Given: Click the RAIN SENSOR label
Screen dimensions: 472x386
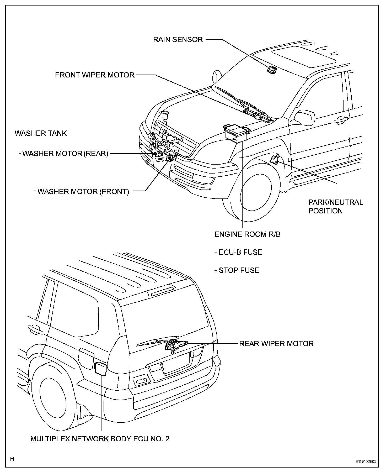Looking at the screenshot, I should coord(178,40).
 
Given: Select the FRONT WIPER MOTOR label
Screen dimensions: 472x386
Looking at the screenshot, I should coord(95,75).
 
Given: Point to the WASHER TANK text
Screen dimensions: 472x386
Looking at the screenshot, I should coord(41,133).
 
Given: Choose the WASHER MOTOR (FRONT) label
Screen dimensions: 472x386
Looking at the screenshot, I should coord(83,191).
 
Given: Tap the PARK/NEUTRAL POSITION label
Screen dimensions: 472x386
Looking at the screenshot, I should coord(335,206).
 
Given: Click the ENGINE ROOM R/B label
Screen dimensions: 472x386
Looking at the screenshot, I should coord(247,234).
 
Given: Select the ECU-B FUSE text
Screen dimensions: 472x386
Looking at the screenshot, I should coord(238,252).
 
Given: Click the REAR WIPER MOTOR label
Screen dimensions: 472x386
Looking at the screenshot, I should coord(276,343).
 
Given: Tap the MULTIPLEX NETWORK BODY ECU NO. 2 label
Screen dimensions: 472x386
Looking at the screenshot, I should coord(100,439).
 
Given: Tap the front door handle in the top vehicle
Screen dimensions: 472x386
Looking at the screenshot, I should coord(341,120).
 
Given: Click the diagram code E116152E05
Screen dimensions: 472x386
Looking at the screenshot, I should coord(366,461).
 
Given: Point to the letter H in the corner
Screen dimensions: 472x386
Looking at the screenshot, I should coord(12,459).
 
